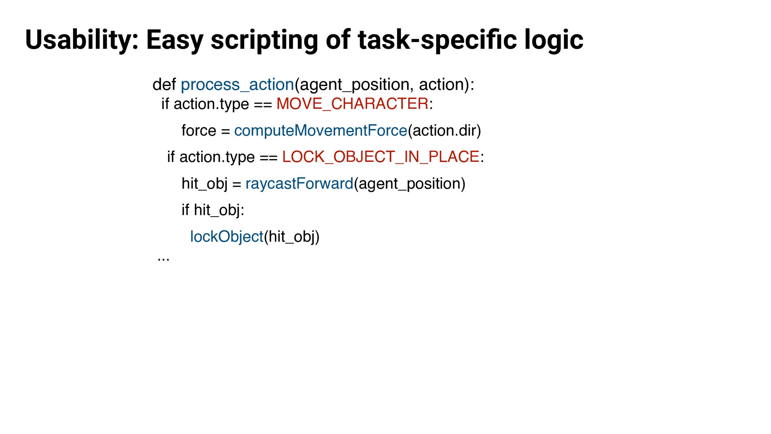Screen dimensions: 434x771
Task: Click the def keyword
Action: (164, 85)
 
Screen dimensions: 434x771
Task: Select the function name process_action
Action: (237, 85)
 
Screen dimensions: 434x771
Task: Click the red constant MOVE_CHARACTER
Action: (352, 104)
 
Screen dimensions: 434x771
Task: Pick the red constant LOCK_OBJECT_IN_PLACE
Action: (381, 157)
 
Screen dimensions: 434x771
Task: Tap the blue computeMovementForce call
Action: (321, 131)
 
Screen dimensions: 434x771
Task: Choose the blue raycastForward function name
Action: (299, 184)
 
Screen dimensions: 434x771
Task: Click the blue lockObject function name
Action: (227, 237)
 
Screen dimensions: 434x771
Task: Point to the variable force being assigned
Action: (199, 131)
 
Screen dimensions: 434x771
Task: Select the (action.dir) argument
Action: (445, 131)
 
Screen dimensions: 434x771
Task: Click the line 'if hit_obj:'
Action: (213, 210)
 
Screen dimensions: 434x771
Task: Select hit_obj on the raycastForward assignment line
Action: (205, 184)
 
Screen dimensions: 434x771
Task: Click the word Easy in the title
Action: (175, 40)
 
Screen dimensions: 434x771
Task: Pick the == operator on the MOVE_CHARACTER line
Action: (263, 105)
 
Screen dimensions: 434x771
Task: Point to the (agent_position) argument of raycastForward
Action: (410, 184)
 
